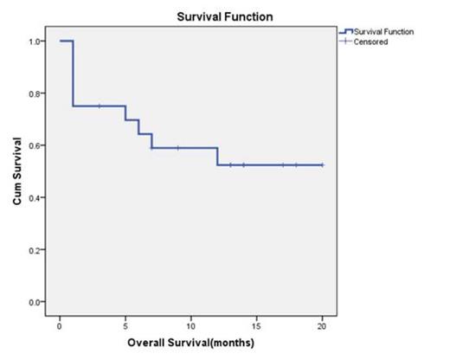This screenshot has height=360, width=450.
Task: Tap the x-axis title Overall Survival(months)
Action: (191, 342)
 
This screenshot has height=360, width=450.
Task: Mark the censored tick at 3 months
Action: (100, 106)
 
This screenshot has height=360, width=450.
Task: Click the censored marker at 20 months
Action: (323, 164)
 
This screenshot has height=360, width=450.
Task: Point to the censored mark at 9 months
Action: (178, 147)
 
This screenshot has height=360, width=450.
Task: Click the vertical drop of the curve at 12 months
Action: (217, 156)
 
